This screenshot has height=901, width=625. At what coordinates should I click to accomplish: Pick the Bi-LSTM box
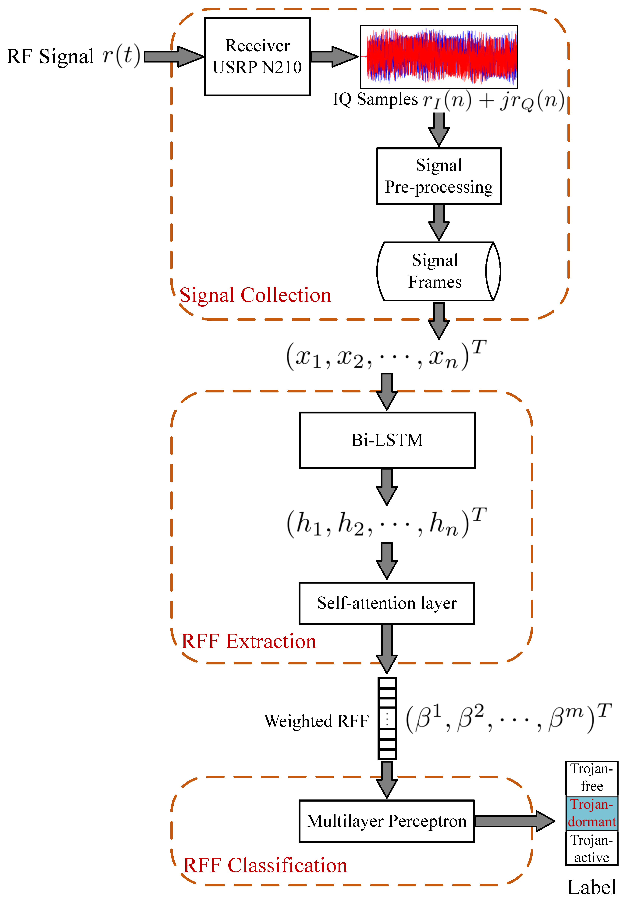click(x=387, y=440)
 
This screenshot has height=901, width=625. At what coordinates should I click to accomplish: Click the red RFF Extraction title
click(x=249, y=641)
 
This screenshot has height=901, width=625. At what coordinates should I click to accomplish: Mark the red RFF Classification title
click(x=265, y=865)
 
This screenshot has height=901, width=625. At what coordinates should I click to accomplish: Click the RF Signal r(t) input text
click(x=73, y=56)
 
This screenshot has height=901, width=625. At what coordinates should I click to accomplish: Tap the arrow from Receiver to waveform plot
click(x=334, y=56)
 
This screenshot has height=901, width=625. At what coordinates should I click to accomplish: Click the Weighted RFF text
click(x=316, y=721)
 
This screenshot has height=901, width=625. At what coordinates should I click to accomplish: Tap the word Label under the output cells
click(x=591, y=887)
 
